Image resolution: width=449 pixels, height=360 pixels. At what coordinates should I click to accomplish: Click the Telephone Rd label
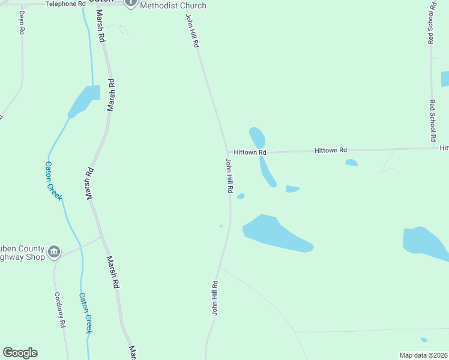[x=65, y=4]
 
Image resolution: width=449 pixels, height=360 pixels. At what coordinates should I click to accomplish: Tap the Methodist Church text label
[x=173, y=5]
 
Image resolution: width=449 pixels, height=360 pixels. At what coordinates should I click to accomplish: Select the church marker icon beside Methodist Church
[x=131, y=3]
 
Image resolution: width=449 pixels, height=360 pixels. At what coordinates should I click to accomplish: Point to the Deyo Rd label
[x=22, y=22]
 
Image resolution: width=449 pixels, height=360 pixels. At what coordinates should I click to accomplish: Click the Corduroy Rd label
[x=59, y=310]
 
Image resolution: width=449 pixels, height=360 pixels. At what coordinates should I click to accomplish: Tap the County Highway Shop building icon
[x=54, y=251]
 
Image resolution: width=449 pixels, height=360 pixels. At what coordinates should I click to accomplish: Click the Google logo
[x=20, y=353]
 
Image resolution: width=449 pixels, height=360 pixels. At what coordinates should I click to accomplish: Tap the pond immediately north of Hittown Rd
[x=258, y=137]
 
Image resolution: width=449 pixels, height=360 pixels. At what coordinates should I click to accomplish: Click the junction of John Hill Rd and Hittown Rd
[x=228, y=153]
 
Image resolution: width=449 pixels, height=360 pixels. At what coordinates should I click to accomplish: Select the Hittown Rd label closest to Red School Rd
[x=331, y=150]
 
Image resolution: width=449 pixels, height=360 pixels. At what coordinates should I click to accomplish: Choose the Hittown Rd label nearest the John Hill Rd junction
[x=250, y=152]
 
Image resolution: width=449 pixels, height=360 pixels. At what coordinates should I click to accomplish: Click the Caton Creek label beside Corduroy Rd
[x=86, y=313]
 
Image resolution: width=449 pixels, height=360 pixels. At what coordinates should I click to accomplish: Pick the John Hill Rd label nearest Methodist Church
[x=192, y=31]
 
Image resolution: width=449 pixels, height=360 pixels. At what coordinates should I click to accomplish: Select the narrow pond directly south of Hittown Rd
[x=268, y=172]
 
